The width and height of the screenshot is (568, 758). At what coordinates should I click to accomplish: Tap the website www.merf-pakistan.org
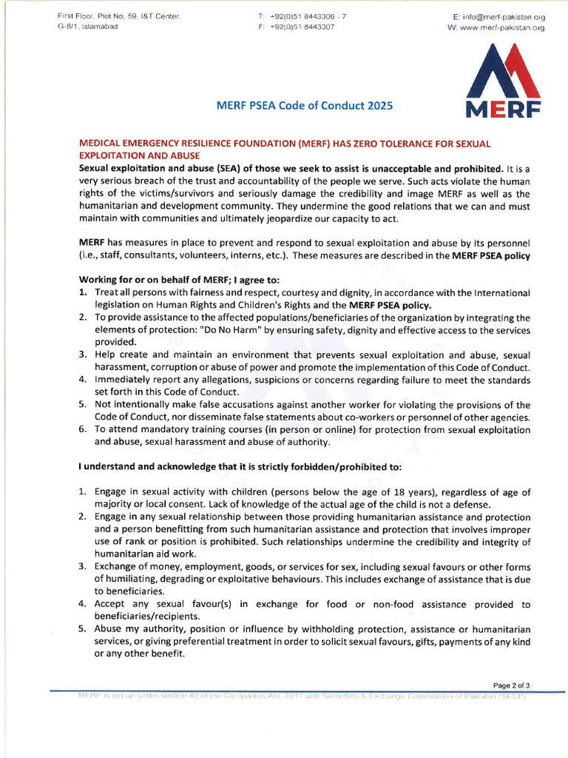tap(501, 27)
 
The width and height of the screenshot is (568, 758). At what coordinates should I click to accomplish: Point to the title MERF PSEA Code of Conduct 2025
tap(304, 106)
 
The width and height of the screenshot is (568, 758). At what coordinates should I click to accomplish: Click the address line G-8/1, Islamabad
tap(87, 27)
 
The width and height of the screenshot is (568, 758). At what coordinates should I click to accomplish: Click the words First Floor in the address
tap(77, 16)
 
